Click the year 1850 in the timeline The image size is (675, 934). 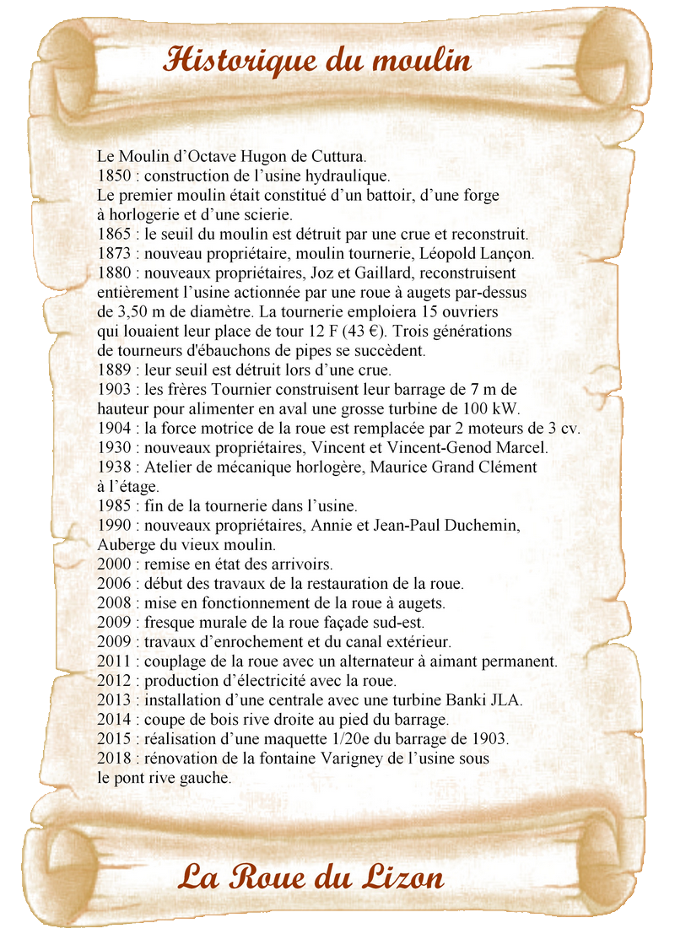tap(115, 175)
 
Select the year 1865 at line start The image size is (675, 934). tap(115, 234)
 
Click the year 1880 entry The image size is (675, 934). tap(115, 273)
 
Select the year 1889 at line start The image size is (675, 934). tap(115, 370)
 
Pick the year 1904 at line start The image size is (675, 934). tap(115, 428)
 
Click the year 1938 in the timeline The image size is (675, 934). tap(115, 467)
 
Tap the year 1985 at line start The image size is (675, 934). tap(115, 505)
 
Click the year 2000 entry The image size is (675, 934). tap(115, 564)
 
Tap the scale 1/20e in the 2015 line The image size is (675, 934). tap(346, 738)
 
